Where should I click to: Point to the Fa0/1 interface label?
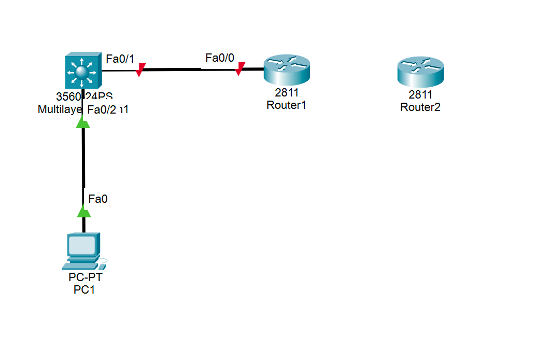[x=117, y=59]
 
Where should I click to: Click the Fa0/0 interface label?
[x=216, y=58]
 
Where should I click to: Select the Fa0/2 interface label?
[x=102, y=109]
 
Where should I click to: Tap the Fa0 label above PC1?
[x=98, y=198]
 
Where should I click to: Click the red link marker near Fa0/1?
[x=140, y=70]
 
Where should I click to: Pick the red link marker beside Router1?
[x=239, y=68]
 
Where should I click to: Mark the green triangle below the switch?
[x=82, y=122]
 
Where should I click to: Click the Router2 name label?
[x=420, y=107]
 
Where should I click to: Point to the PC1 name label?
[x=84, y=289]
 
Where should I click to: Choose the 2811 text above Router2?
[x=420, y=95]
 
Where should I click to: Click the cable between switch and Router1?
[x=187, y=68]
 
